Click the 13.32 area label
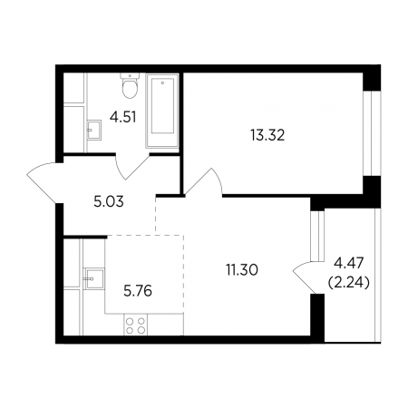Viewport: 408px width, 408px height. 267,135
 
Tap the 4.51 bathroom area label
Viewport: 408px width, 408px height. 122,117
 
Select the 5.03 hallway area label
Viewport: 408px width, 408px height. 109,202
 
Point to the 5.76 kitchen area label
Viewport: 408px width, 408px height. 138,291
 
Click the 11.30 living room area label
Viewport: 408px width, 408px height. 242,269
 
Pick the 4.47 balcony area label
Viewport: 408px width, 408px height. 348,264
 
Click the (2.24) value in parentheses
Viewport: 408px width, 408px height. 348,283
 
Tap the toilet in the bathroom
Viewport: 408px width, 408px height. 130,85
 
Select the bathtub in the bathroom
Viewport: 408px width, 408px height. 162,111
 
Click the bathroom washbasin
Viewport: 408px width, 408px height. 93,130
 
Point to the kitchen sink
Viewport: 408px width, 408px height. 94,278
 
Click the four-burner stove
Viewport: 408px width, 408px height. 135,325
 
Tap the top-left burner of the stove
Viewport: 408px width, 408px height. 131,321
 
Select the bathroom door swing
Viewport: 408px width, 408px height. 132,166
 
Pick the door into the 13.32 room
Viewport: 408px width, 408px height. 203,181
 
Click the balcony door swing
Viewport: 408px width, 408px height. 305,277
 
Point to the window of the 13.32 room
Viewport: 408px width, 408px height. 372,133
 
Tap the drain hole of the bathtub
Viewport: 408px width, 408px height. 162,83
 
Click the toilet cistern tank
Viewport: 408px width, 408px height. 130,75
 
